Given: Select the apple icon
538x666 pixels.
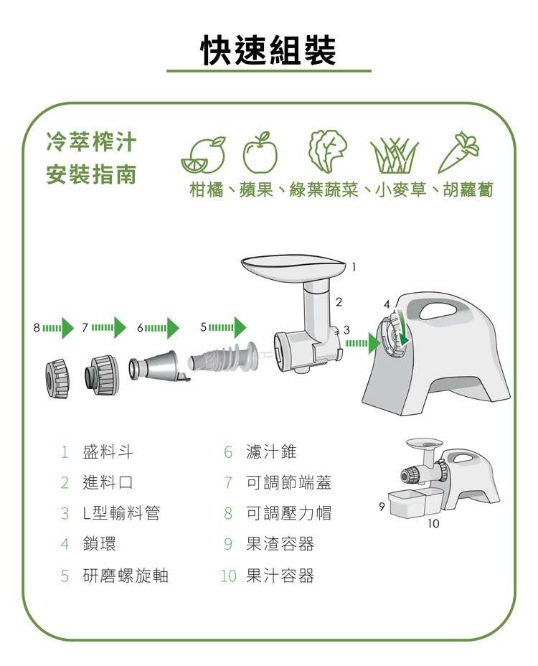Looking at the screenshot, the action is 260,153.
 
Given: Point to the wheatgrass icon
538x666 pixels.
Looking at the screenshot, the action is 392,154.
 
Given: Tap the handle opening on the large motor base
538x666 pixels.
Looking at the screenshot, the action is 440,310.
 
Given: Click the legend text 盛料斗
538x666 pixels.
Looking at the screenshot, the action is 108,452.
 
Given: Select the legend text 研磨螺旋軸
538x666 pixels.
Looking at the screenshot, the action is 126,576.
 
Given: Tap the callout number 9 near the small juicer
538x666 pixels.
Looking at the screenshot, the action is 382,507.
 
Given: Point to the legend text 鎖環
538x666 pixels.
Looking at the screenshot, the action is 99,544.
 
